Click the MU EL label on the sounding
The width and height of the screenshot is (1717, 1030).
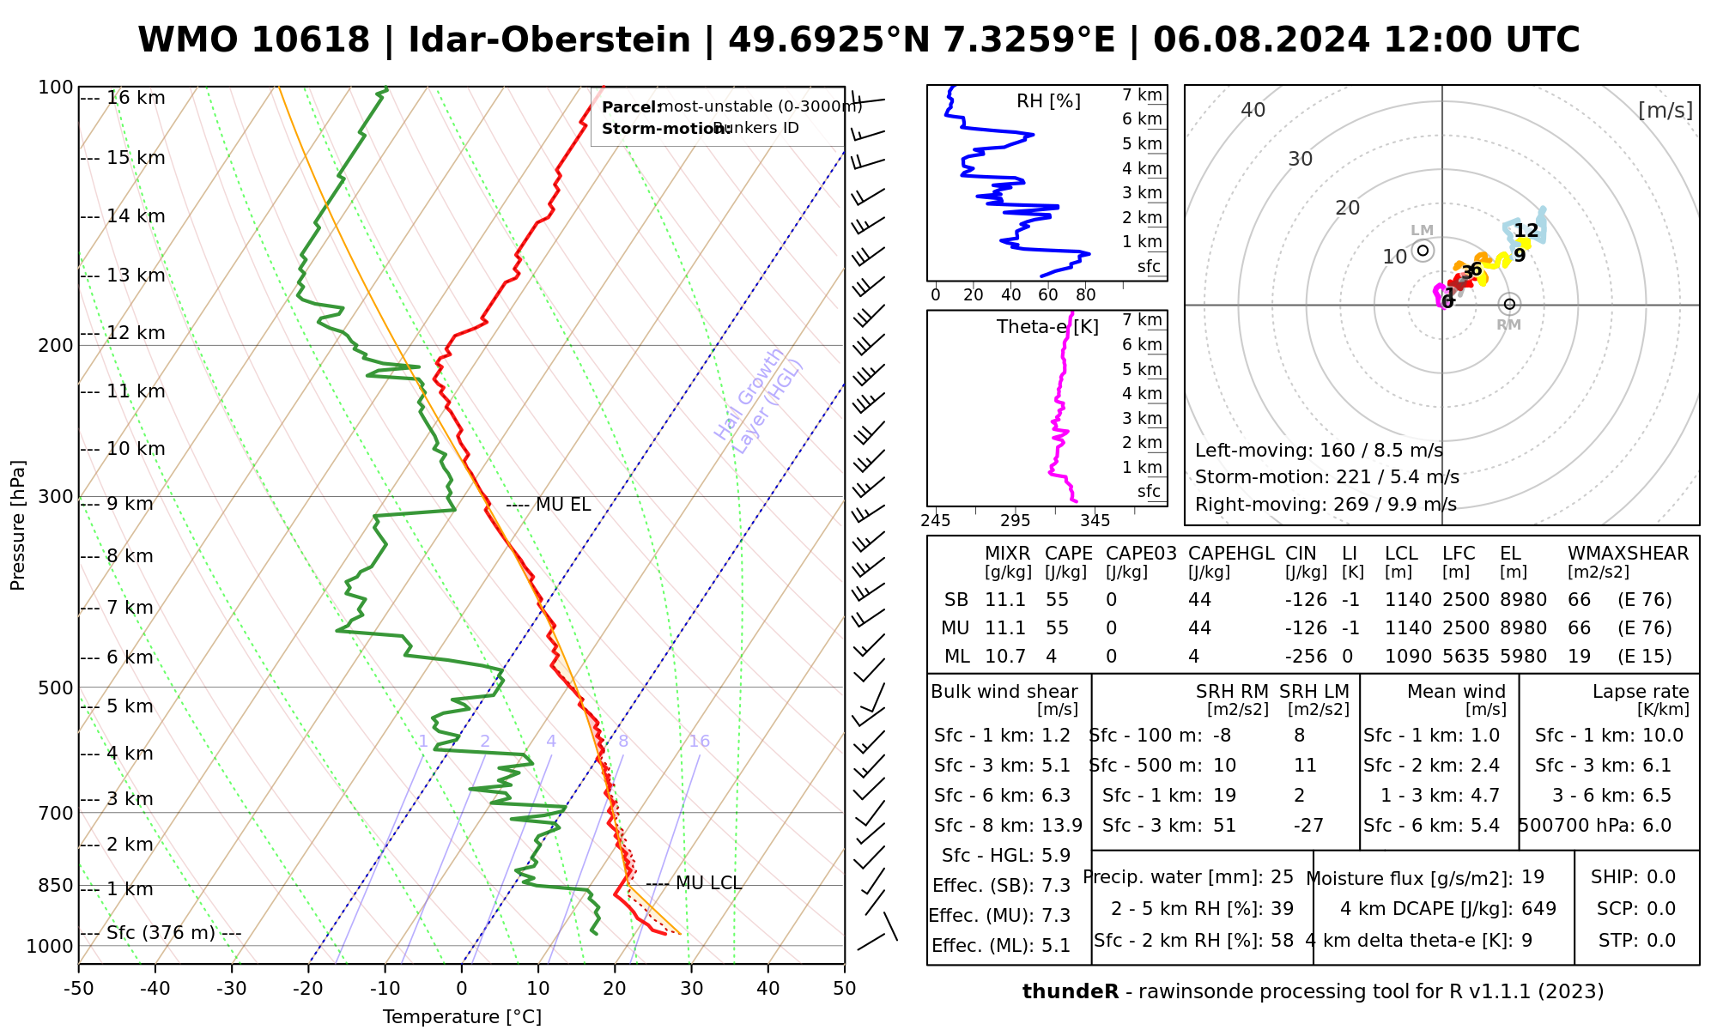pos(562,505)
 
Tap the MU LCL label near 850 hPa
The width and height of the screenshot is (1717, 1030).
pos(707,883)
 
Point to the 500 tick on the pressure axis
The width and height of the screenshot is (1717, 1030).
pos(56,688)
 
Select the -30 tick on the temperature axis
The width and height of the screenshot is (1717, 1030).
pos(232,989)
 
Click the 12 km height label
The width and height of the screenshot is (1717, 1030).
pos(136,333)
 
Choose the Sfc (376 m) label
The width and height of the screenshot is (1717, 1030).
pos(161,933)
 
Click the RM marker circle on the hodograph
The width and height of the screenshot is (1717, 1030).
pos(1509,304)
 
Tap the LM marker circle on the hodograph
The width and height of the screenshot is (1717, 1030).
pos(1423,251)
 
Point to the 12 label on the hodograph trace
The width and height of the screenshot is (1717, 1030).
pos(1526,230)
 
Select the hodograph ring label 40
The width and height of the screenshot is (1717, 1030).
pos(1253,110)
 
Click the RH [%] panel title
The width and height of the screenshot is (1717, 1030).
pos(1048,101)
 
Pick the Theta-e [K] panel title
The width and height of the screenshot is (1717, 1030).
pos(1047,327)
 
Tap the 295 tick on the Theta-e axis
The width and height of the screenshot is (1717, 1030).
pos(1015,520)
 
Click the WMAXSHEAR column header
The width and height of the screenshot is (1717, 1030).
pos(1628,554)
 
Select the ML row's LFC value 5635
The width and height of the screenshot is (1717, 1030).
pos(1465,657)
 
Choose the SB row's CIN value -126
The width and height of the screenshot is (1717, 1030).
pos(1306,600)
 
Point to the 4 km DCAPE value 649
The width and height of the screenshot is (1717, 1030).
pos(1538,909)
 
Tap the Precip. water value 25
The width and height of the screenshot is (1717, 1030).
pos(1282,877)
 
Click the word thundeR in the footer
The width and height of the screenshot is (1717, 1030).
pos(1070,992)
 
